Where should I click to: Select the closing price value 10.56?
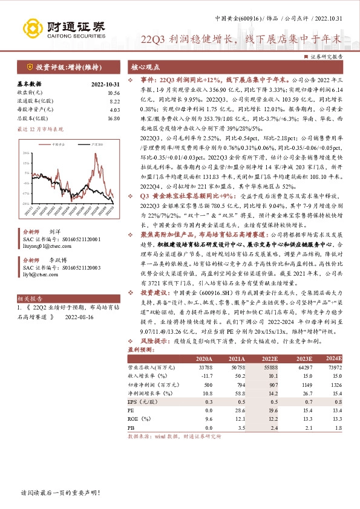(x=114, y=93)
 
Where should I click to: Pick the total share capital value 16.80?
(x=114, y=118)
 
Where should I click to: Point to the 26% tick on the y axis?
(x=26, y=153)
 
